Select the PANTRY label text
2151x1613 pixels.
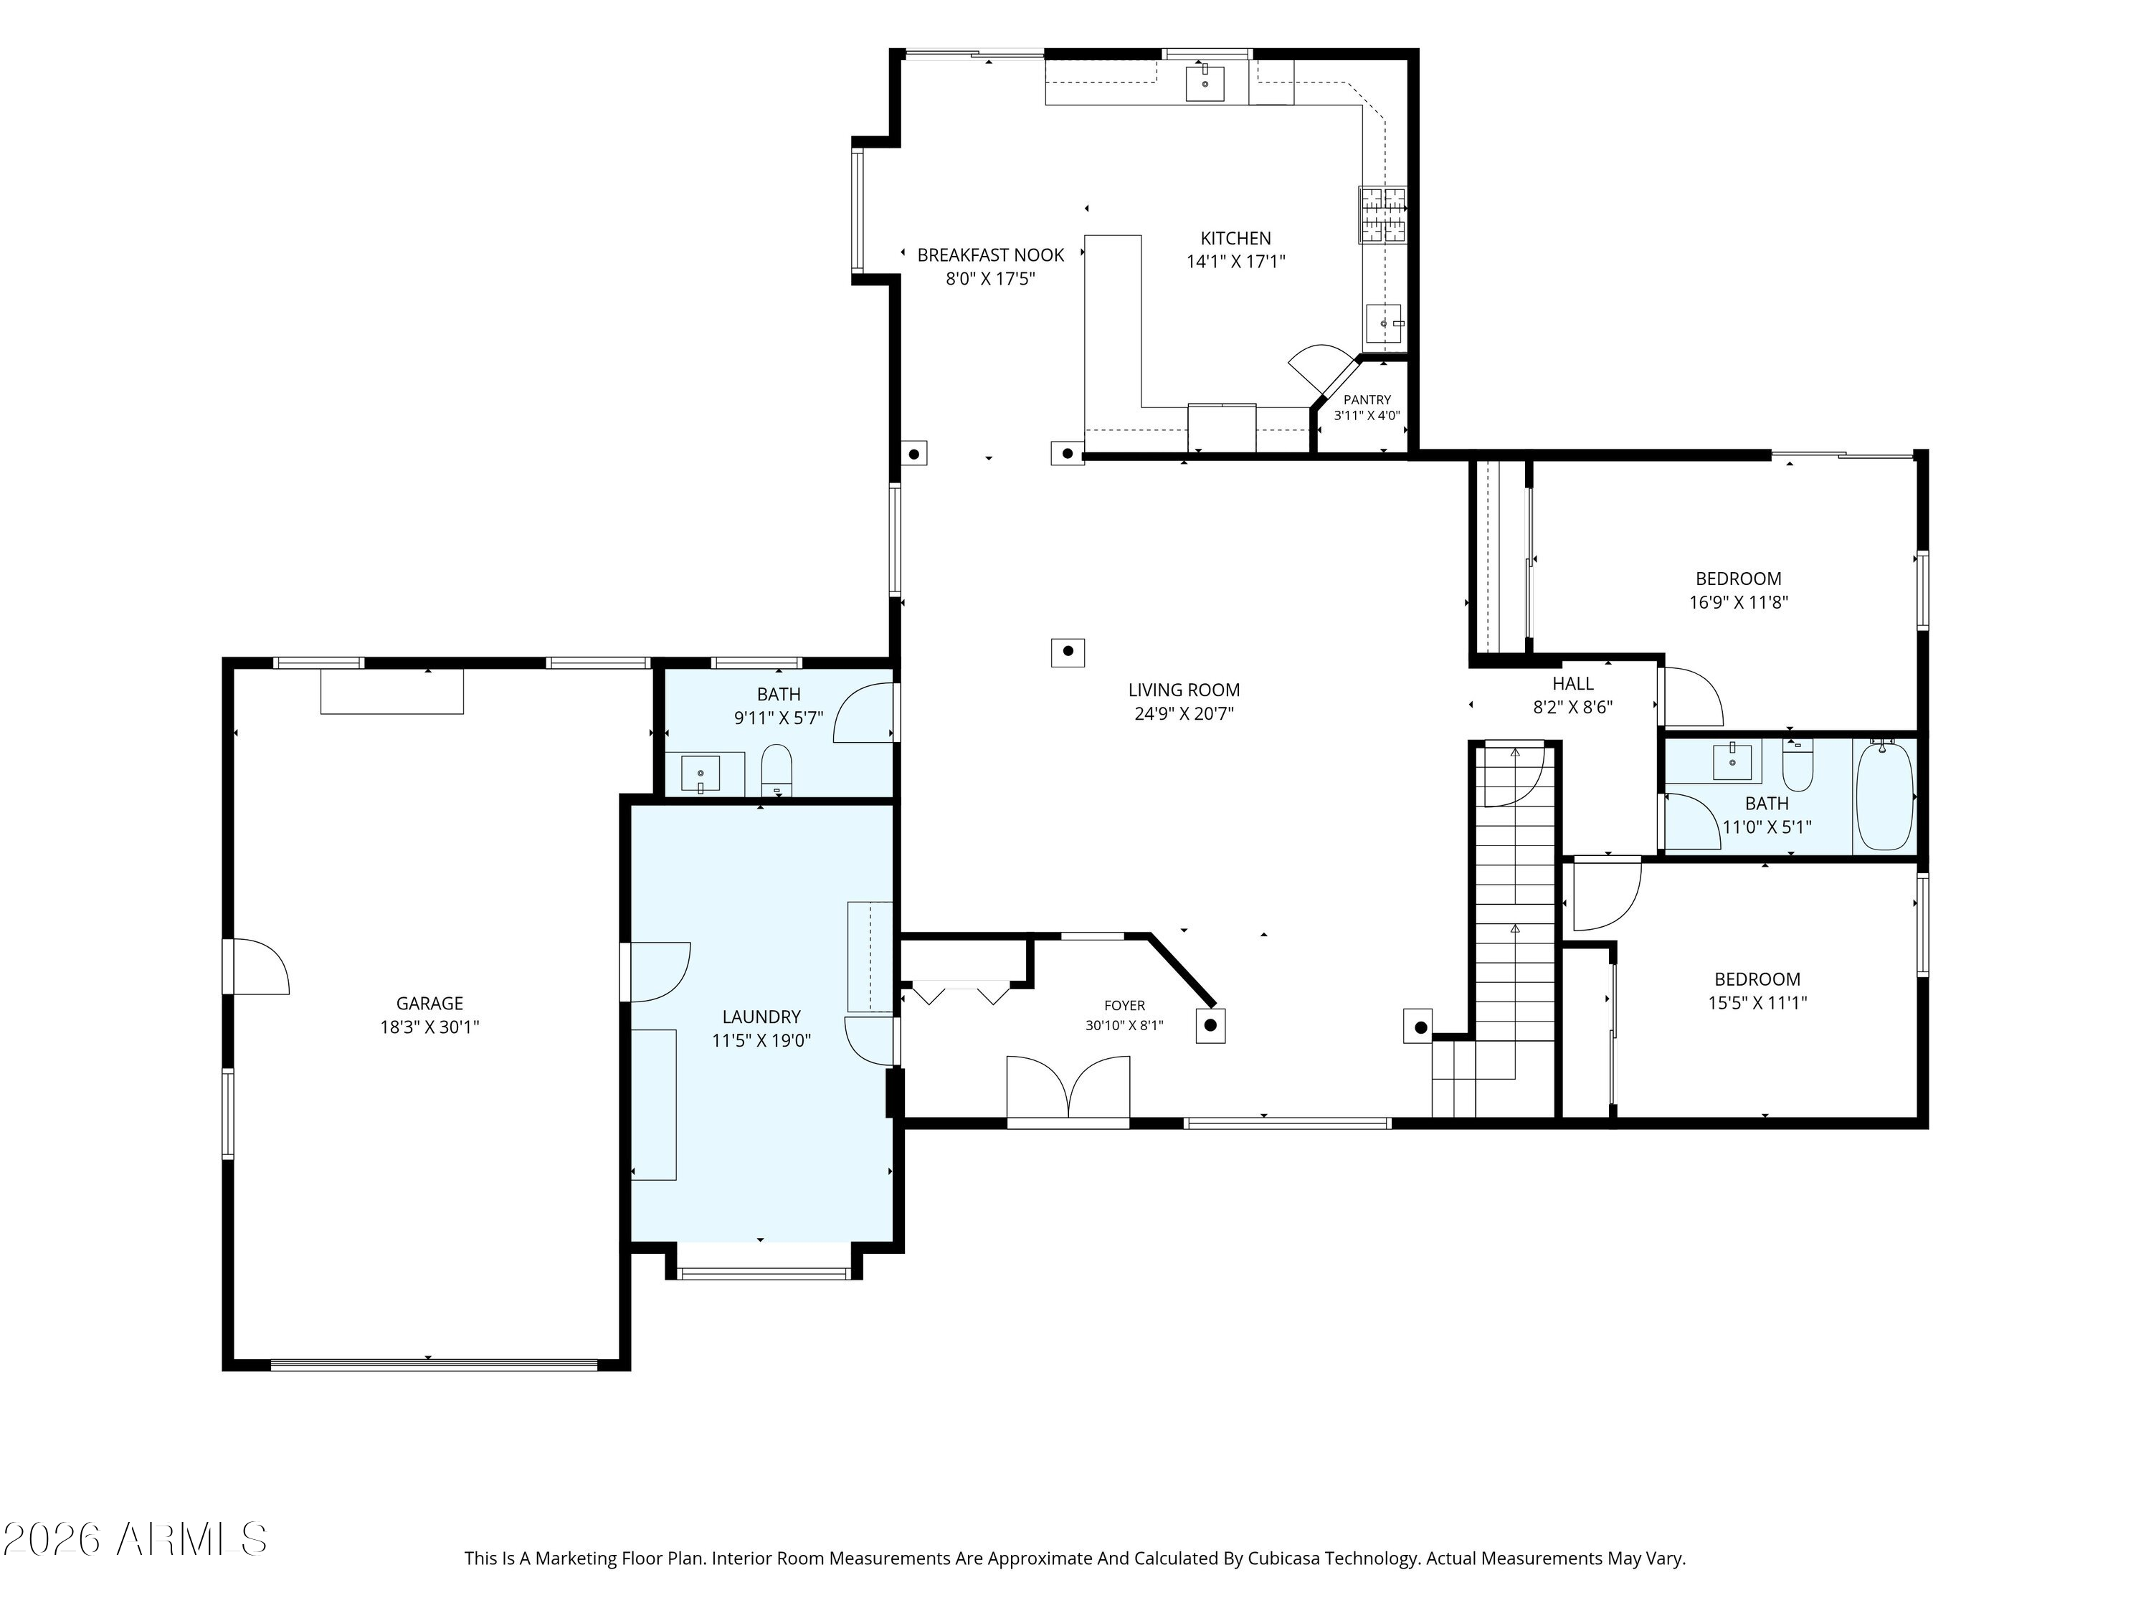click(1367, 399)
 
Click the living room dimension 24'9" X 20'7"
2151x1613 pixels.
click(1184, 713)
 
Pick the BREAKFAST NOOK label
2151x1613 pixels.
click(991, 254)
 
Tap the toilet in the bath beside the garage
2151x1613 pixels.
click(776, 770)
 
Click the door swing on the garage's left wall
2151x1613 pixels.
click(260, 966)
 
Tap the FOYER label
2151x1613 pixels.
click(1124, 1005)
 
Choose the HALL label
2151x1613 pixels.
click(1572, 683)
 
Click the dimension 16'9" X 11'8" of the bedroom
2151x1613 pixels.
click(1739, 602)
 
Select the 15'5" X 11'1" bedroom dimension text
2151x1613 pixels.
click(1757, 1002)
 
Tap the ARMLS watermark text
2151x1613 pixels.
click(191, 1539)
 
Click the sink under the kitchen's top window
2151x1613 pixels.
click(1205, 82)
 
